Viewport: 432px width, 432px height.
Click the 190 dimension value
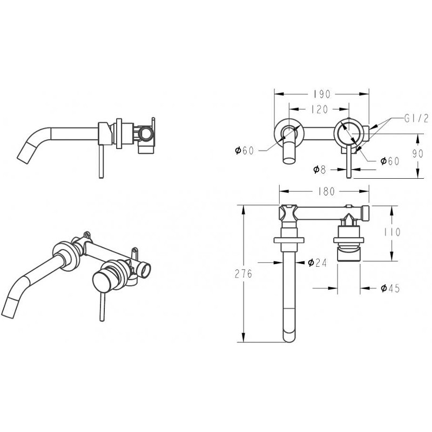coord(322,94)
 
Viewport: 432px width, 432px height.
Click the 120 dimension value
coord(320,110)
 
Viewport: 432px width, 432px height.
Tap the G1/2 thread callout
coord(416,118)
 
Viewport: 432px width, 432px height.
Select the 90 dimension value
coord(417,153)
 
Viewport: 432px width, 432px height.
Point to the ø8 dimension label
coord(320,170)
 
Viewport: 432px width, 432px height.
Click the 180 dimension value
coord(326,191)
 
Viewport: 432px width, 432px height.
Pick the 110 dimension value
coord(393,232)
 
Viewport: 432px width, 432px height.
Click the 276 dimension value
coord(244,274)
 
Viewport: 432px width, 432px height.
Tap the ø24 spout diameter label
coord(317,262)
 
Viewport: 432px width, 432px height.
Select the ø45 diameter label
coord(390,288)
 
